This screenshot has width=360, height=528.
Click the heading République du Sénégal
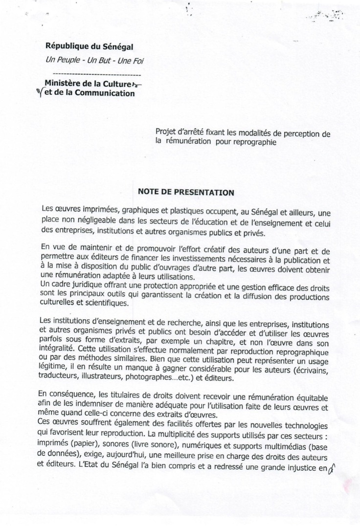90,47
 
